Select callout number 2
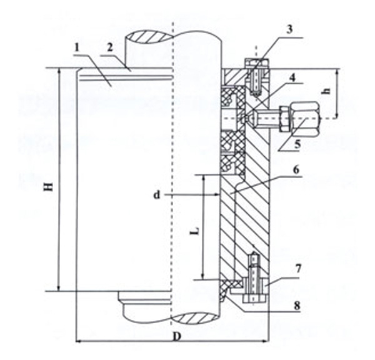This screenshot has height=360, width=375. (x=109, y=47)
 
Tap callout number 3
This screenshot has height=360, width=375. (x=289, y=29)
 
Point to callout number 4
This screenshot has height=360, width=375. (x=292, y=77)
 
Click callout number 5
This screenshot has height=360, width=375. (x=297, y=144)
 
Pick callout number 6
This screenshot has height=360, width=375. (x=296, y=170)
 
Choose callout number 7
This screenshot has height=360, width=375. (x=298, y=269)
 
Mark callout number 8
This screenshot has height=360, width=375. (x=297, y=305)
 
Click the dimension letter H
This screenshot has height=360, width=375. (x=49, y=186)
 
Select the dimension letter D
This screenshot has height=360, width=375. (x=177, y=337)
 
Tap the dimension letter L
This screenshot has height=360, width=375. (x=196, y=231)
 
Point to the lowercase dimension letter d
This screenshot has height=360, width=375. (x=157, y=195)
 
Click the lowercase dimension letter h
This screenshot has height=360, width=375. (x=327, y=91)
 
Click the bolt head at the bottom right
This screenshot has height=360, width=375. (x=254, y=299)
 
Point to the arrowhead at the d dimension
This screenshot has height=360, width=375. (x=216, y=195)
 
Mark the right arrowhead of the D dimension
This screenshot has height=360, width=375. (x=266, y=341)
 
